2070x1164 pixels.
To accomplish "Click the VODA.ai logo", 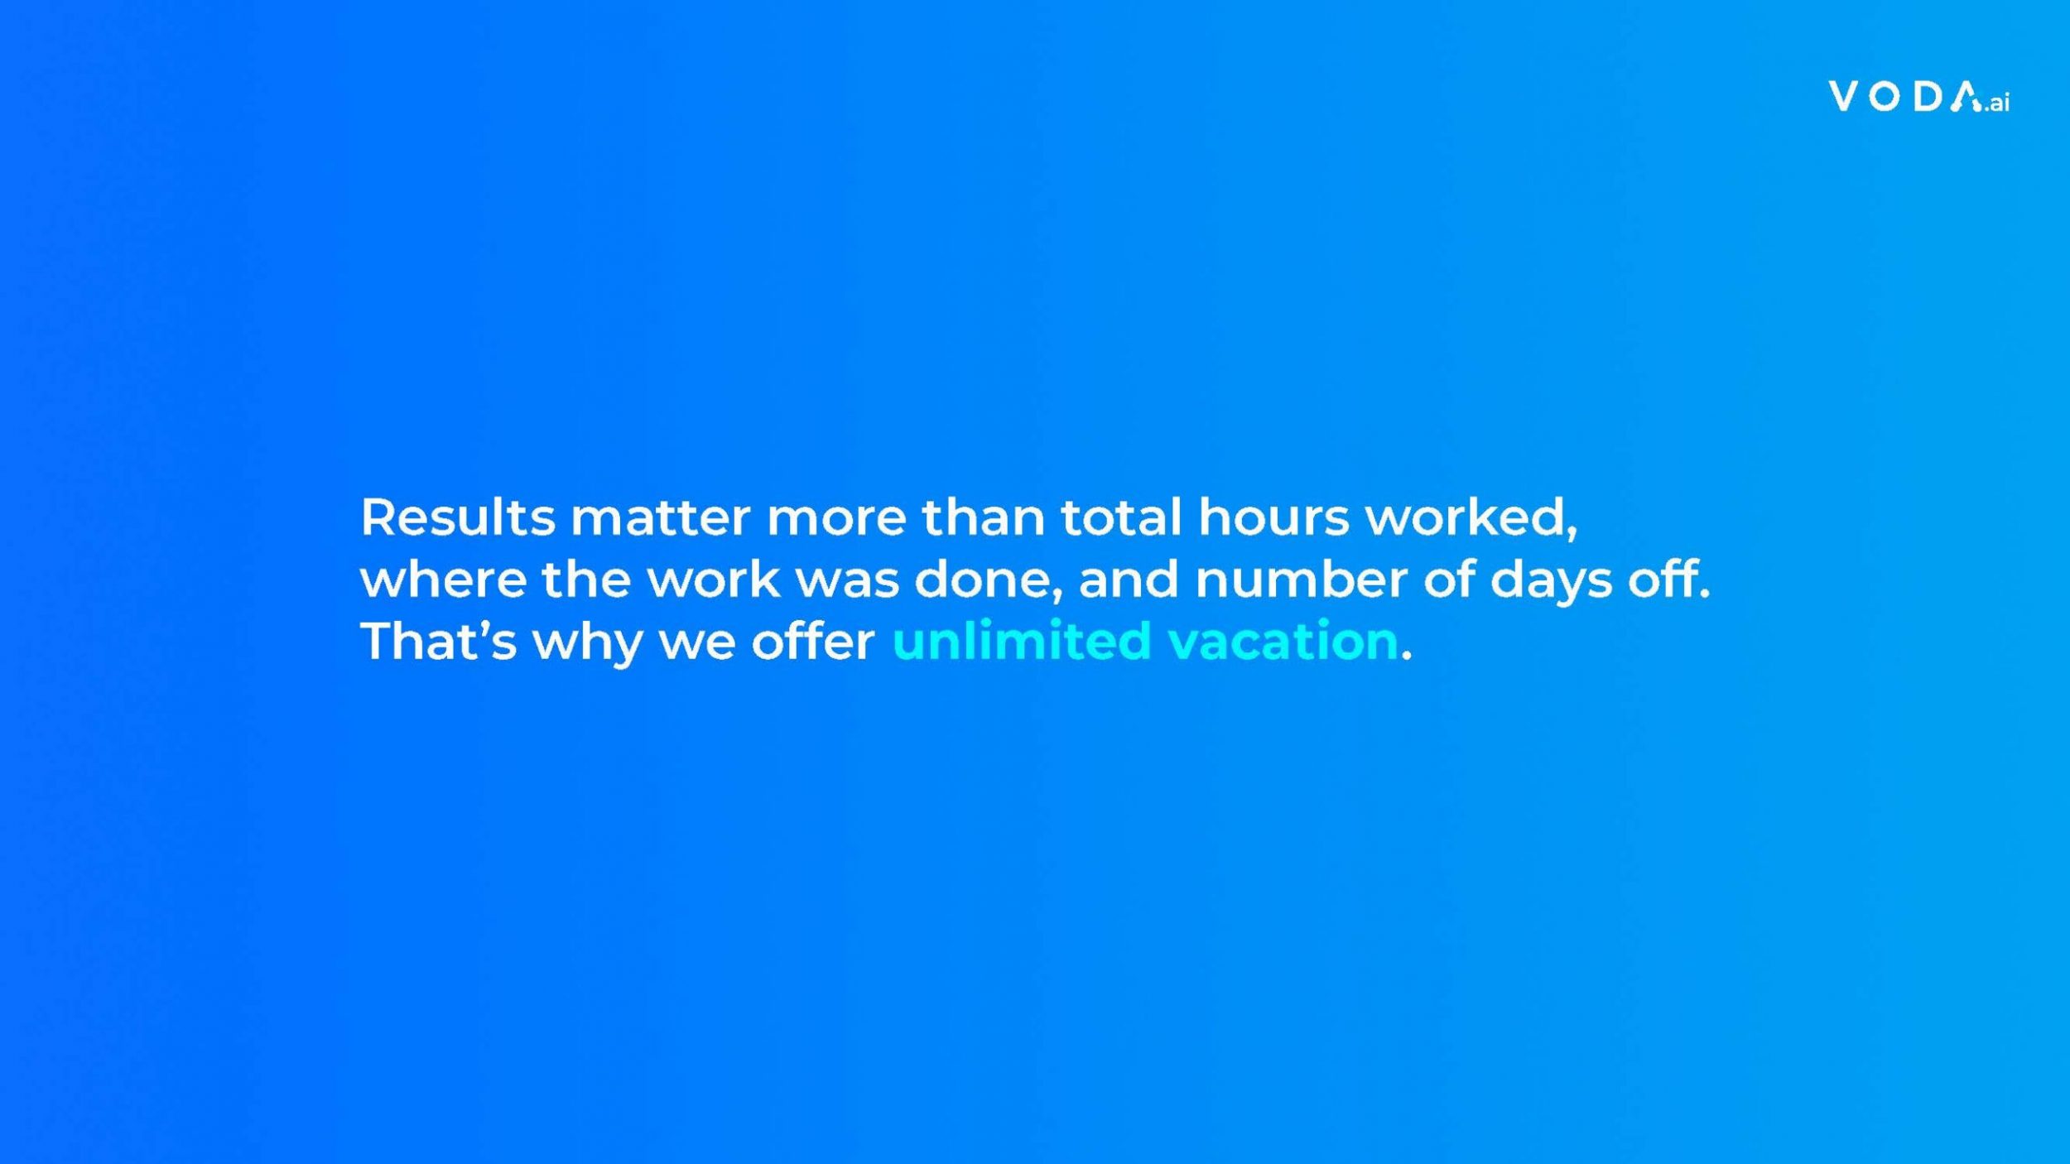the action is (1918, 97).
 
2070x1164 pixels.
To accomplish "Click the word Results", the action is (458, 517).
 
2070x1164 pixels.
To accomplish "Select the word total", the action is (1122, 517).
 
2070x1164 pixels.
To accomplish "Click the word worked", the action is (1471, 518).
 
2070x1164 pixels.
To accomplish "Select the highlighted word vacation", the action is (1283, 642).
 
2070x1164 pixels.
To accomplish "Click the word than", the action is (984, 517).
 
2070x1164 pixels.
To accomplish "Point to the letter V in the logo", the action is (1843, 96).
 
